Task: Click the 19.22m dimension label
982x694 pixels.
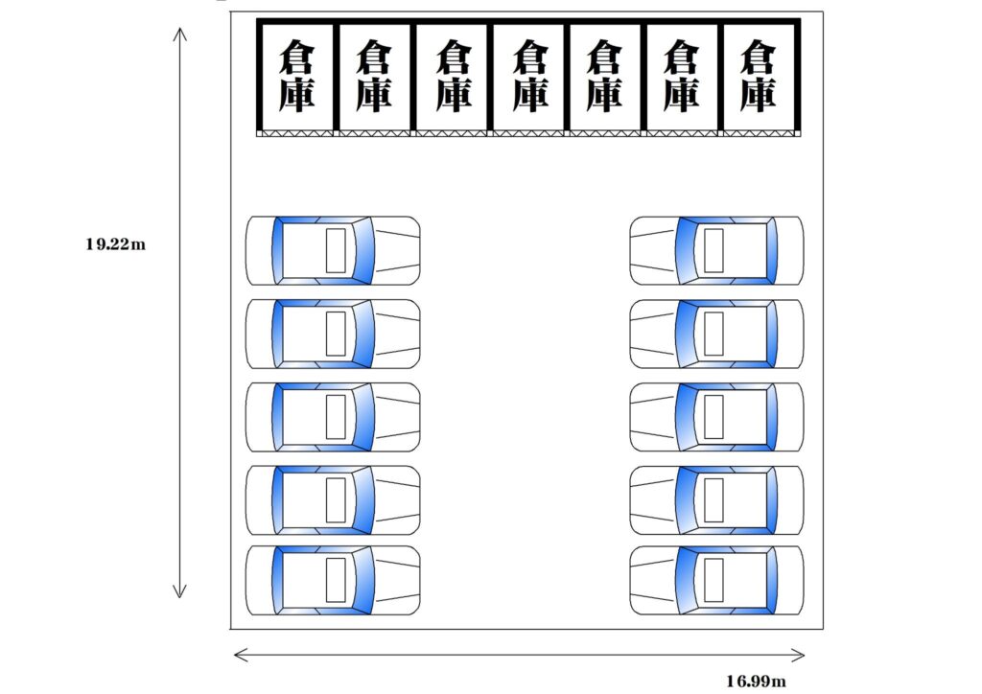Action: pyautogui.click(x=115, y=244)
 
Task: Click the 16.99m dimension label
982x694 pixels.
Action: pyautogui.click(x=756, y=682)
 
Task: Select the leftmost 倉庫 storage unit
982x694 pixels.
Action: pyautogui.click(x=296, y=76)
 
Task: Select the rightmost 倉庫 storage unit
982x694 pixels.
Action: pyautogui.click(x=759, y=76)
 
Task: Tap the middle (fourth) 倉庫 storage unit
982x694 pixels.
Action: pyautogui.click(x=529, y=76)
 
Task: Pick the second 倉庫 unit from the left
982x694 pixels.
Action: pyautogui.click(x=373, y=76)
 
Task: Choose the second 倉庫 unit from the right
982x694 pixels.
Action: pyautogui.click(x=681, y=76)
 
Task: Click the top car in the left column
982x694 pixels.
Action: pyautogui.click(x=333, y=251)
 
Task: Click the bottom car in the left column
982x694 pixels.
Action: pyautogui.click(x=333, y=580)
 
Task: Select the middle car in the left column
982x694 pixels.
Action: pyautogui.click(x=333, y=417)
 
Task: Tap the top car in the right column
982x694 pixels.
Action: pyautogui.click(x=716, y=251)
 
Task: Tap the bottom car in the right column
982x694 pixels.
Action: pyautogui.click(x=716, y=580)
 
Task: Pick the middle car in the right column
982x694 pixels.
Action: pyautogui.click(x=716, y=417)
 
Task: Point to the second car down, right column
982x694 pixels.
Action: pyautogui.click(x=716, y=334)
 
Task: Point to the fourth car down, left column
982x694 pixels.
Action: pyautogui.click(x=333, y=499)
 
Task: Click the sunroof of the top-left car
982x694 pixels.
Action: pyautogui.click(x=335, y=250)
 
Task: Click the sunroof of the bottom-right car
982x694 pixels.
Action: pyautogui.click(x=713, y=580)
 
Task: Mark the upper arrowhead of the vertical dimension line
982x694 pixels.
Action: pyautogui.click(x=180, y=33)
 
